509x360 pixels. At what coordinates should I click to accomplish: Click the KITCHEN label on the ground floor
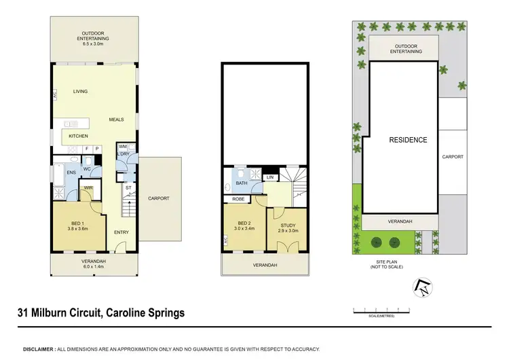[78, 136]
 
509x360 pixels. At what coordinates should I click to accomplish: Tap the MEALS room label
[116, 120]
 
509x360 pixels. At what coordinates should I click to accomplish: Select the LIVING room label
[80, 91]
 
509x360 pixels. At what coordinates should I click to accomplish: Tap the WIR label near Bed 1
[89, 188]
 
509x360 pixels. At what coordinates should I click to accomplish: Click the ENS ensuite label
[71, 173]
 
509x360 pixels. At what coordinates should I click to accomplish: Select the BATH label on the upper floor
[241, 183]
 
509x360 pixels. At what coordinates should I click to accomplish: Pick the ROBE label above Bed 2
[238, 200]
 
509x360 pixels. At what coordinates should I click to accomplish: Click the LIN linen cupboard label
[270, 177]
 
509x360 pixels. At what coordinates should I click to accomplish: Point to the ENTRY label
[121, 233]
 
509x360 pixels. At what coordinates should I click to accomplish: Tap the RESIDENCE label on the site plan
[408, 140]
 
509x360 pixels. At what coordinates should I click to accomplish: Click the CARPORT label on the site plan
[452, 157]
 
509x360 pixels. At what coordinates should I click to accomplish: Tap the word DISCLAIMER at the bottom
[39, 348]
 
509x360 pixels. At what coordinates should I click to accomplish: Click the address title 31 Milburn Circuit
[100, 313]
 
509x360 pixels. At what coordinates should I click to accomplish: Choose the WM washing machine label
[123, 147]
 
